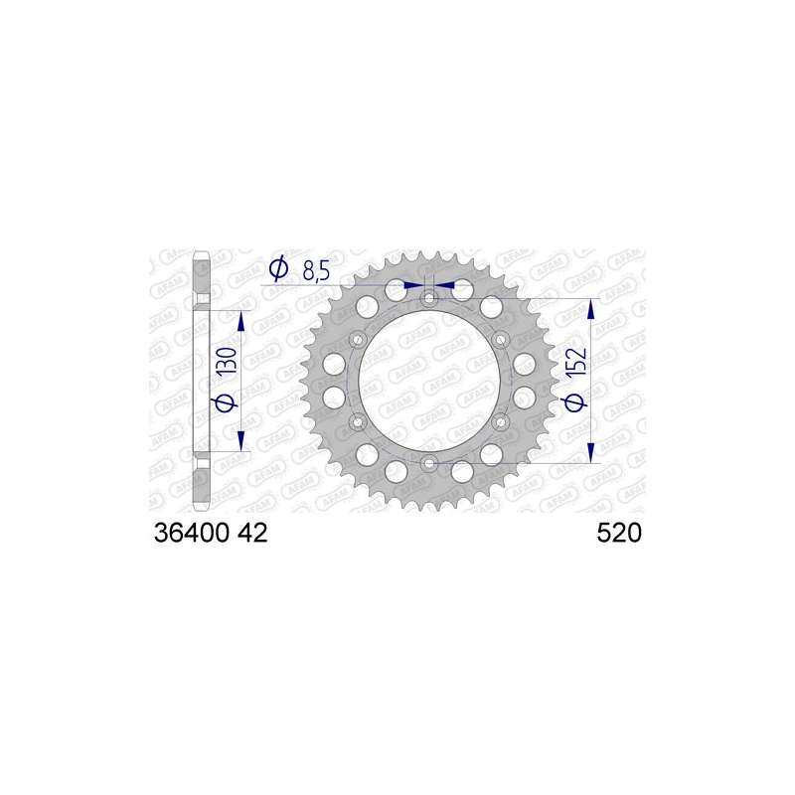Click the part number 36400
coord(191,533)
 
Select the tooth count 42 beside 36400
coord(252,533)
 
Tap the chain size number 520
coord(619,533)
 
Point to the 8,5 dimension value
coord(316,271)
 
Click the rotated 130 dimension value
coord(227,362)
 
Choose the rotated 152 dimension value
coord(576,362)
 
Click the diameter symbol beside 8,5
coord(278,269)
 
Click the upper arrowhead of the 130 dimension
coord(241,321)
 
